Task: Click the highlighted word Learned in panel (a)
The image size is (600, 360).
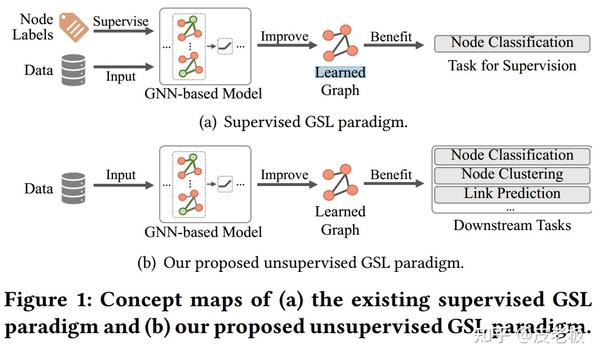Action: tap(340, 72)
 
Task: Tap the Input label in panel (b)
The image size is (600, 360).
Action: tap(121, 176)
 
